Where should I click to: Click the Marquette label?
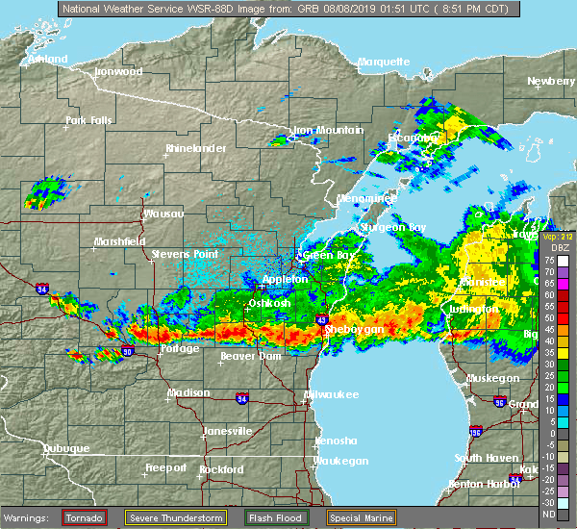tap(384, 62)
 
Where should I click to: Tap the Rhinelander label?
tap(195, 148)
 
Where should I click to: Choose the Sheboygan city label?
tap(355, 329)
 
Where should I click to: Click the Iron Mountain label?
tap(329, 130)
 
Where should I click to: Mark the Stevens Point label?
tap(182, 255)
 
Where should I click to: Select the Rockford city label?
tap(221, 469)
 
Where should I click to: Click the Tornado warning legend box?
tap(85, 518)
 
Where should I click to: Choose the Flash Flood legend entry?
tap(276, 518)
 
